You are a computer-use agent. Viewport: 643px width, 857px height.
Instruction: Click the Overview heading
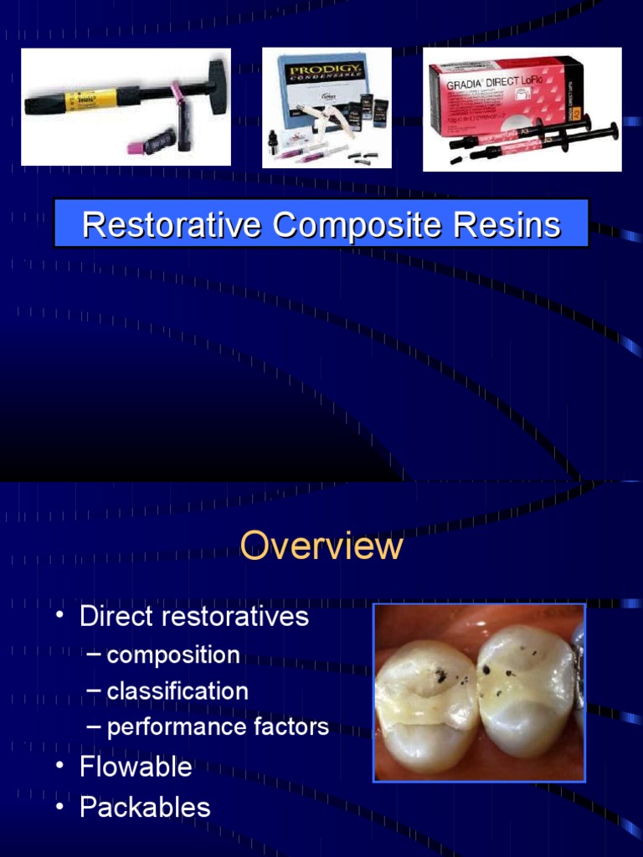(x=321, y=547)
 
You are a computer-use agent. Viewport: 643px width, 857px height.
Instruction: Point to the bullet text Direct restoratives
(x=193, y=617)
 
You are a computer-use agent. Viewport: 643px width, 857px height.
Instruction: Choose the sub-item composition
(x=173, y=654)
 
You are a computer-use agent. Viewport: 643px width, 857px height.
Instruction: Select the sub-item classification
(x=177, y=691)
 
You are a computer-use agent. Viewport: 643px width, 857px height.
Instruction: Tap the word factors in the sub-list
(x=288, y=727)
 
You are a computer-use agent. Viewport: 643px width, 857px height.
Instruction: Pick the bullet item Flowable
(x=136, y=767)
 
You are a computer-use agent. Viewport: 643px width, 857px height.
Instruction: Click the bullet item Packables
(x=145, y=807)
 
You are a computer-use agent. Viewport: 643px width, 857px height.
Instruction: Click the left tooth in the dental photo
(x=423, y=703)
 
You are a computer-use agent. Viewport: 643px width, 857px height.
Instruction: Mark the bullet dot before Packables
(x=59, y=807)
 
